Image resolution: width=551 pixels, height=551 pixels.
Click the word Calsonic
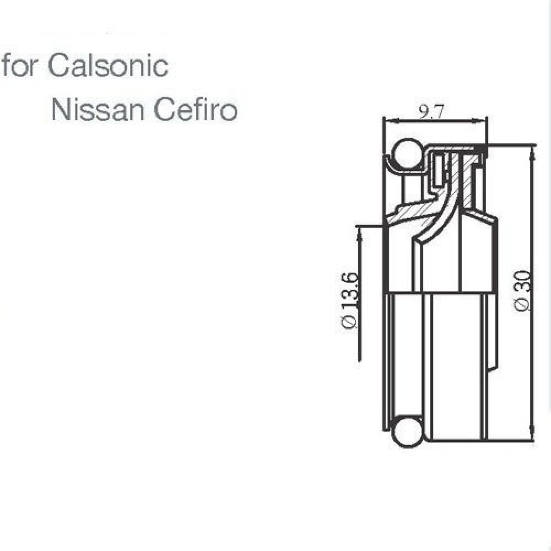pyautogui.click(x=109, y=66)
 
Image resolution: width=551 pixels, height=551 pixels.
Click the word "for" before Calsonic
pyautogui.click(x=22, y=66)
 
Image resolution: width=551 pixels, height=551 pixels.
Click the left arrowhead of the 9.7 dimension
pyautogui.click(x=386, y=119)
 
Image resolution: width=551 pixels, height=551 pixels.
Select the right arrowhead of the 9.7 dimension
pyautogui.click(x=484, y=119)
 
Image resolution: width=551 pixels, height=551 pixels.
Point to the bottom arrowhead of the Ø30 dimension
pyautogui.click(x=531, y=437)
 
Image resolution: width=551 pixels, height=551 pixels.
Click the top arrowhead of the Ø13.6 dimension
pyautogui.click(x=359, y=230)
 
